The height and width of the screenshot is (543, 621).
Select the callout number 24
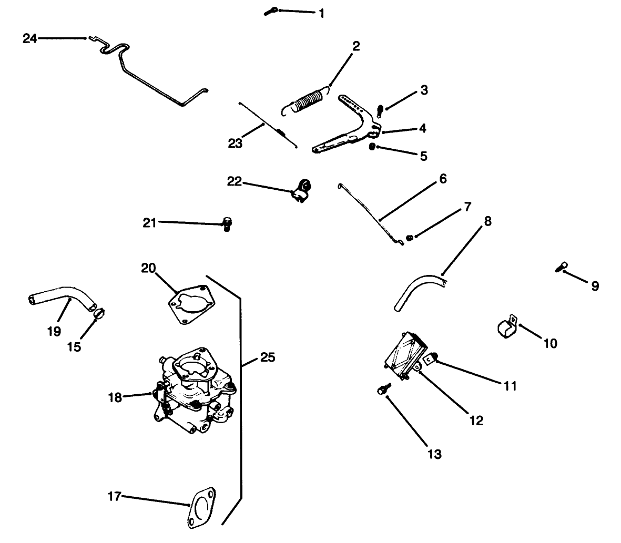click(30, 38)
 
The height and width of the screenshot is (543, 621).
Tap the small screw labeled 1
click(270, 11)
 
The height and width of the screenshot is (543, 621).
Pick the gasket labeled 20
click(191, 304)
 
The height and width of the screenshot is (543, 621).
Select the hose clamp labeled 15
click(99, 315)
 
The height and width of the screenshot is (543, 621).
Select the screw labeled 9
click(561, 268)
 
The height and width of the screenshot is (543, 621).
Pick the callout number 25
click(267, 358)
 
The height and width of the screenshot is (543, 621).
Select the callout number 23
click(235, 142)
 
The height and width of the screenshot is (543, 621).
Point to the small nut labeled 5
click(372, 147)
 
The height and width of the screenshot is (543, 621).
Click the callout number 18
click(115, 397)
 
